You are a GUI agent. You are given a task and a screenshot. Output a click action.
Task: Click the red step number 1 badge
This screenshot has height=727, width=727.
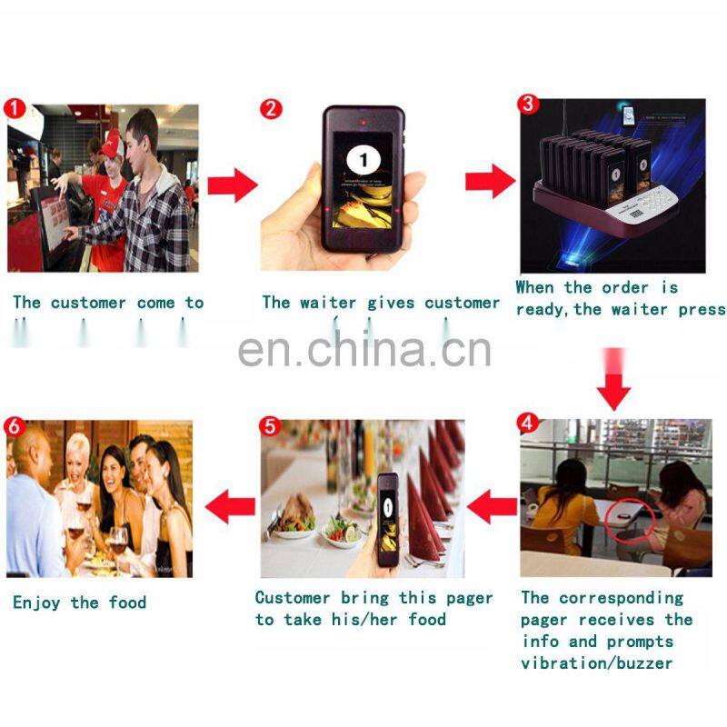click(x=13, y=106)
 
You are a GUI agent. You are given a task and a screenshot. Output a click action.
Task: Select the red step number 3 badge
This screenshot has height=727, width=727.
click(x=528, y=104)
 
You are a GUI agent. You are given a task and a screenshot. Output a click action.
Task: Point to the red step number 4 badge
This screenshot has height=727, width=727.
click(x=527, y=423)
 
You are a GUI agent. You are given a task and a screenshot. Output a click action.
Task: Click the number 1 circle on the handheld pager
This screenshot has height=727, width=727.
click(x=364, y=161)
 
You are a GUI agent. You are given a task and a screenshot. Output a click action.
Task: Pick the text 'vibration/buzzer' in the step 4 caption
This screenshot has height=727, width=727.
click(x=596, y=662)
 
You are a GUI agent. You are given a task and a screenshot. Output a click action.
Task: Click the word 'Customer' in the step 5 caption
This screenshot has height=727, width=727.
click(x=293, y=597)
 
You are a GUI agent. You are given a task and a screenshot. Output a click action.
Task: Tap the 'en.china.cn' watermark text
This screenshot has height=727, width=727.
click(x=364, y=350)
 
